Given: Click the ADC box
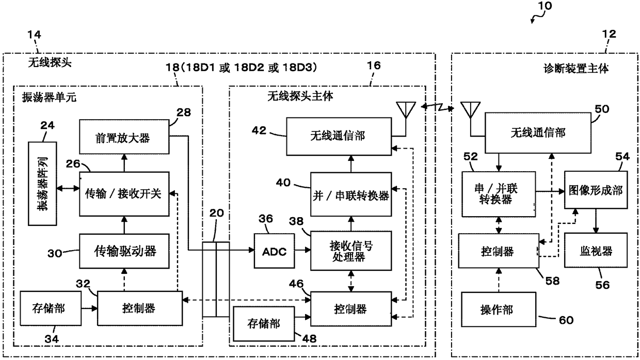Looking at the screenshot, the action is click(x=274, y=251).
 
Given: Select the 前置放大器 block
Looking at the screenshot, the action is click(x=124, y=137).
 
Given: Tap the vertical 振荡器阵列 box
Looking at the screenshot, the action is click(x=42, y=184).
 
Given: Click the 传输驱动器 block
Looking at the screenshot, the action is click(x=124, y=251).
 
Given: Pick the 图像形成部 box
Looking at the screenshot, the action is click(x=596, y=190).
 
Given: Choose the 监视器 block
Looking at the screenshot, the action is click(x=596, y=250).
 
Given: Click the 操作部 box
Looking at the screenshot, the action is click(x=499, y=309).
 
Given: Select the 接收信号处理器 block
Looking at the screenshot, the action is click(x=351, y=251).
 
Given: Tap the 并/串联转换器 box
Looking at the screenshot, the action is click(x=351, y=194).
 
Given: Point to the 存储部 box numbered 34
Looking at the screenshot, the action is click(x=51, y=308).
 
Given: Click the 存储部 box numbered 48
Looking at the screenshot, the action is click(x=264, y=324).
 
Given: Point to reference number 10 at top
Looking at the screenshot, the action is click(x=545, y=6).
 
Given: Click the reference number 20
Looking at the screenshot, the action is click(x=217, y=213).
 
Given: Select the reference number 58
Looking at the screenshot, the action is click(x=552, y=281).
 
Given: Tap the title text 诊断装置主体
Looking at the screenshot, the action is click(x=576, y=69).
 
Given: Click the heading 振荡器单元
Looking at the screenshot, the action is click(x=49, y=97).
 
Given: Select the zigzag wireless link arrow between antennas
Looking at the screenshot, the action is click(x=438, y=107).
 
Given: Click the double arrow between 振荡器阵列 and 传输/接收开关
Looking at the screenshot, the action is click(x=68, y=188).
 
